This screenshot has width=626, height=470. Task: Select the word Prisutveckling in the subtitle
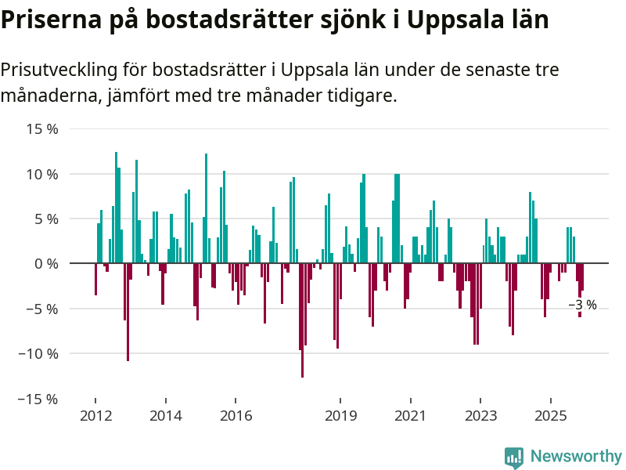tap(59, 70)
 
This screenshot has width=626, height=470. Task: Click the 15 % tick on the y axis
tap(43, 128)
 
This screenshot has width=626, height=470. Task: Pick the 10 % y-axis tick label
tap(43, 174)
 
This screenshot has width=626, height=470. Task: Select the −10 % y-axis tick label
tap(39, 354)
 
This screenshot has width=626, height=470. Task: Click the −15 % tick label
tap(39, 399)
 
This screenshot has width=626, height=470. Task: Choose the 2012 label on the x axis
tap(95, 416)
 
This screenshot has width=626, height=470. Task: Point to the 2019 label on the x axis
tap(340, 416)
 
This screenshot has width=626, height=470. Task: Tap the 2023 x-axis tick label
tap(480, 416)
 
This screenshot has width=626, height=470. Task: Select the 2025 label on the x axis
tap(550, 416)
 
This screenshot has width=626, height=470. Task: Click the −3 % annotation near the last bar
tap(582, 305)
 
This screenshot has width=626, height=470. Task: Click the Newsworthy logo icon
tap(514, 457)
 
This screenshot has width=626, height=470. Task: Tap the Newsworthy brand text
tap(576, 457)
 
